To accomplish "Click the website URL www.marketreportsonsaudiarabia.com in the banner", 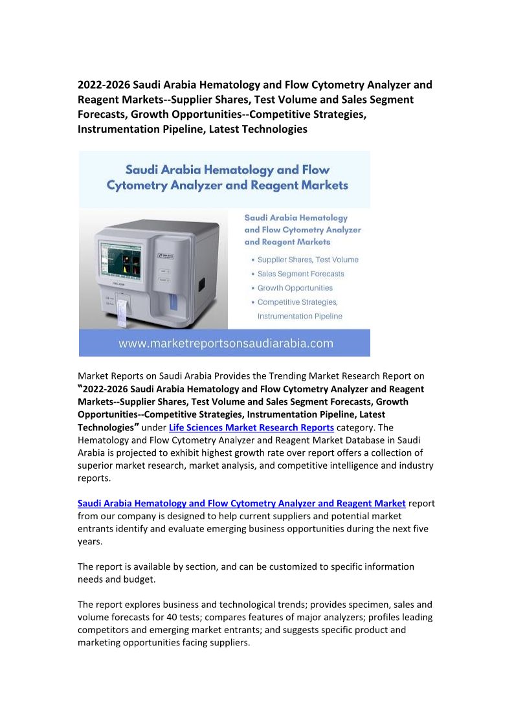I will (225, 343).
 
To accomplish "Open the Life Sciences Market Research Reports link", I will (251, 427).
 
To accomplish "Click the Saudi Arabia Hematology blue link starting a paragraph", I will (241, 503).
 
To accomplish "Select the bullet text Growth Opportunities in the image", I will (295, 288).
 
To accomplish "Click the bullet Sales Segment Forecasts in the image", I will (300, 274).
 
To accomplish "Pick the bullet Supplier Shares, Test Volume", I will (307, 260).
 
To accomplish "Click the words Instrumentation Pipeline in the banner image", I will (300, 317).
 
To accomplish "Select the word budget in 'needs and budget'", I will (139, 579).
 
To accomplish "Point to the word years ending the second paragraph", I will (91, 541).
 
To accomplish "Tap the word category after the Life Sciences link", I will (357, 427).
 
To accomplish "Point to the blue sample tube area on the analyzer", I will (172, 300).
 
